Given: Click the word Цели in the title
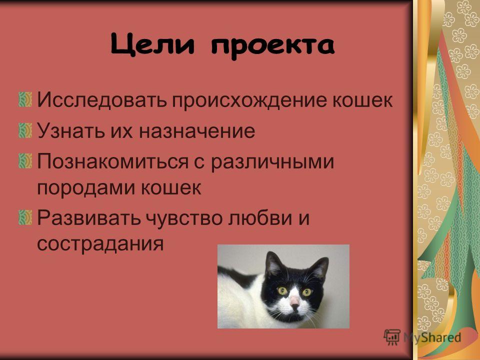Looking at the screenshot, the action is pyautogui.click(x=152, y=45).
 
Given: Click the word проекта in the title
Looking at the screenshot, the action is pyautogui.click(x=272, y=47).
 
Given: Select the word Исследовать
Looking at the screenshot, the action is pyautogui.click(x=102, y=100).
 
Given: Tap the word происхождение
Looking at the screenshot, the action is pyautogui.click(x=250, y=100).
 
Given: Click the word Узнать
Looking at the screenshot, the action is pyautogui.click(x=69, y=130).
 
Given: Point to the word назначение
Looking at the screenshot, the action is pyautogui.click(x=197, y=131).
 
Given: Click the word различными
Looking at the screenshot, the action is pyautogui.click(x=272, y=162).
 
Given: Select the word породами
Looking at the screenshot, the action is pyautogui.click(x=86, y=188).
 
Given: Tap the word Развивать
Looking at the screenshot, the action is pyautogui.click(x=89, y=218).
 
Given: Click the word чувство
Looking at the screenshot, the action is pyautogui.click(x=183, y=218).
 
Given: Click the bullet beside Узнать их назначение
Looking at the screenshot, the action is pyautogui.click(x=25, y=130).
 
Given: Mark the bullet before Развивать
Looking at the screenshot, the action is pyautogui.click(x=25, y=217).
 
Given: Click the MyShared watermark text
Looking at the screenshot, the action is pyautogui.click(x=432, y=337).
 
